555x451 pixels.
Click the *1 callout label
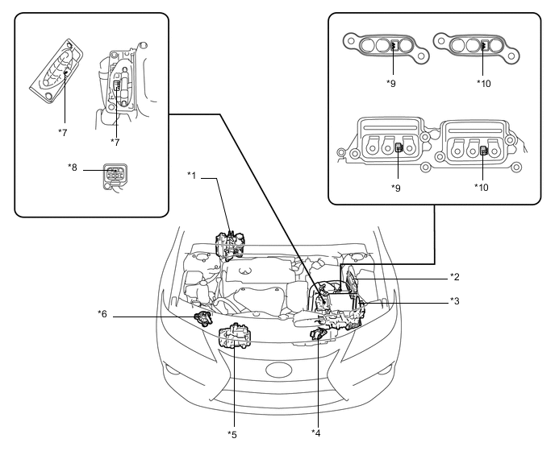191,176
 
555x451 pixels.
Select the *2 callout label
455,277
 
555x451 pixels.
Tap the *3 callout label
455,301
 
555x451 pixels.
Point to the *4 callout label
316,432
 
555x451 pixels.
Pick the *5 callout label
232,434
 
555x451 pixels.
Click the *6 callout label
102,314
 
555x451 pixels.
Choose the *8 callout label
73,168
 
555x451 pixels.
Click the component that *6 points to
203,318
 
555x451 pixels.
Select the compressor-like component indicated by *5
235,337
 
